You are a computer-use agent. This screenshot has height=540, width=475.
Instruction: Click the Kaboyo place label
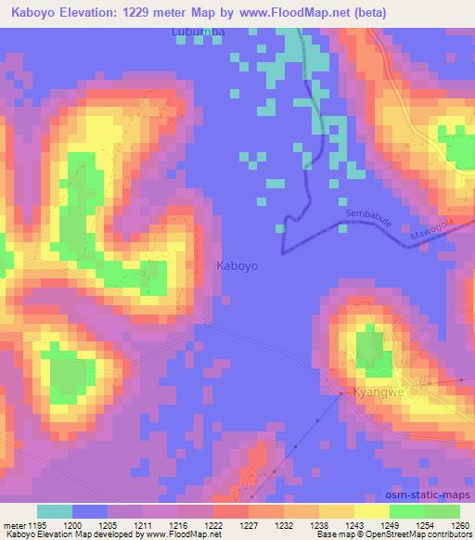click(x=237, y=265)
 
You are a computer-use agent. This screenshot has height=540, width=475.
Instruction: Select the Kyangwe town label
click(x=380, y=393)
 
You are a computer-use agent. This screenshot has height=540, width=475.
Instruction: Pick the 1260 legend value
click(x=459, y=525)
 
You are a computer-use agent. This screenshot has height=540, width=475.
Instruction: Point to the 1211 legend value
click(x=144, y=525)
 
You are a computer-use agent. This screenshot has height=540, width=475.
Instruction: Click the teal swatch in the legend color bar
click(x=55, y=512)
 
